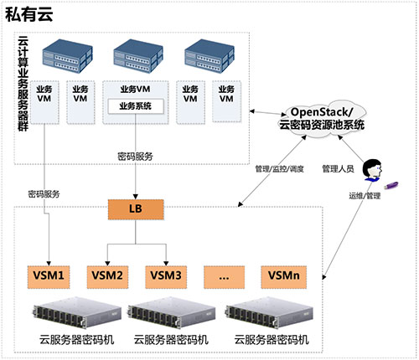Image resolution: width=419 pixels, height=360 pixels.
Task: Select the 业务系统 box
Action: (135, 105)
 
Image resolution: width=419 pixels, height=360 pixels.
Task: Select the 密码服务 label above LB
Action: (135, 156)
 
